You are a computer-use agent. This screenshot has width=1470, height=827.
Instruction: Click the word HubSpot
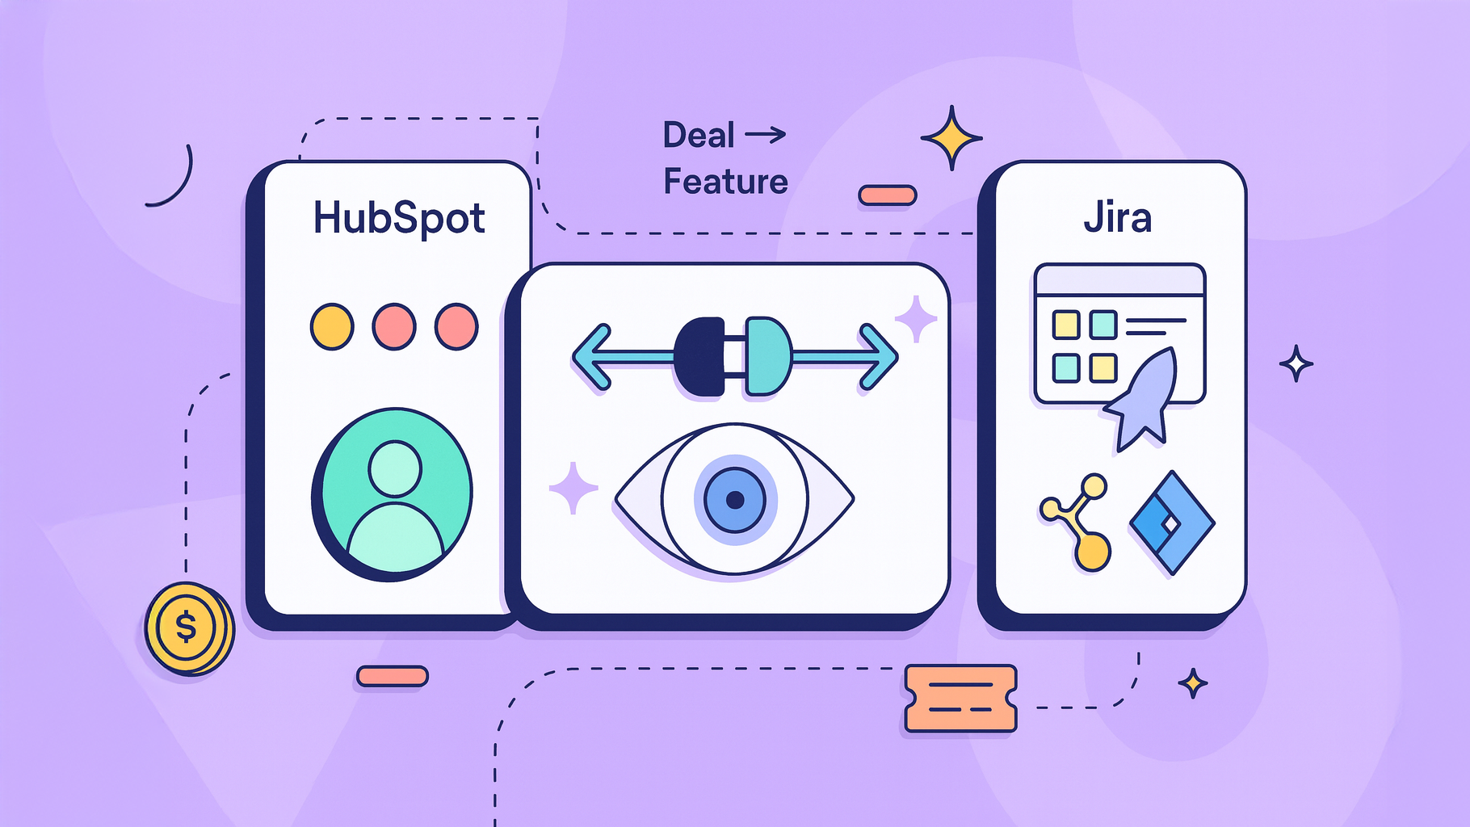[x=399, y=218]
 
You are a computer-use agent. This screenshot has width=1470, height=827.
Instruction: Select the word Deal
[x=699, y=135]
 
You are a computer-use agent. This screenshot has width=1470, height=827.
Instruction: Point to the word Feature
[x=725, y=182]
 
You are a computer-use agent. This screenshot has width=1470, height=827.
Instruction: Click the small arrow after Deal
[x=766, y=134]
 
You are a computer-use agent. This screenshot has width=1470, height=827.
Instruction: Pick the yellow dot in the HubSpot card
[x=332, y=326]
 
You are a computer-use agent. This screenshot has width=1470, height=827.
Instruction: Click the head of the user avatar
[x=394, y=468]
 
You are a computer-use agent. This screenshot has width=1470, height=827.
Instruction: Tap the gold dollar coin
[x=189, y=628]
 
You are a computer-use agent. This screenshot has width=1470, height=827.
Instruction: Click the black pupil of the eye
[x=735, y=500]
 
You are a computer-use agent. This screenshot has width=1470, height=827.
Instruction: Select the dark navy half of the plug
[x=700, y=357]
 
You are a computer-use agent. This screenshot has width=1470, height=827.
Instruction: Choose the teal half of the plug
[x=768, y=356]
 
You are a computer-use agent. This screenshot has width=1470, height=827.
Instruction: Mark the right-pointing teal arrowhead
[x=878, y=356]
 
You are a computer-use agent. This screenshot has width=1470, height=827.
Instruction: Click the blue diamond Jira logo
[x=1171, y=523]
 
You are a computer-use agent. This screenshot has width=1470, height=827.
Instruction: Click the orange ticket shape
[x=960, y=699]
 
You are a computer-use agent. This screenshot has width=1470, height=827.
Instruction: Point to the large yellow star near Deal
[x=951, y=138]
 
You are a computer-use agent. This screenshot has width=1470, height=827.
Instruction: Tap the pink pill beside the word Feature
[x=888, y=195]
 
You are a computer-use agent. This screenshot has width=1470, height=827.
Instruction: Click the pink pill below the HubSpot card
[x=393, y=676]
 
